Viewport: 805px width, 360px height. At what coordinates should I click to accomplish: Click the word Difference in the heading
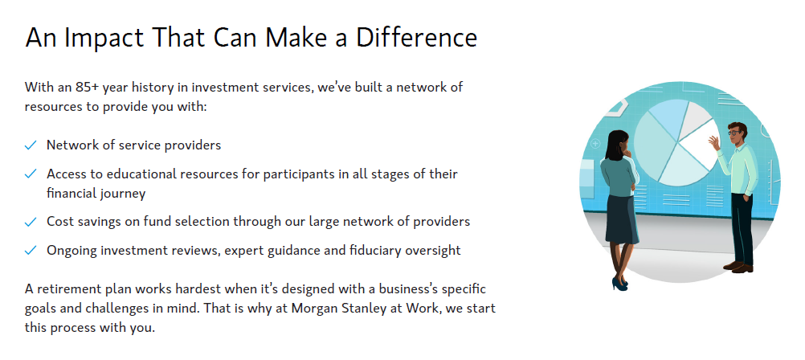pyautogui.click(x=416, y=38)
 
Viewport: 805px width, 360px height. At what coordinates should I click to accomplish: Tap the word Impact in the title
pyautogui.click(x=104, y=39)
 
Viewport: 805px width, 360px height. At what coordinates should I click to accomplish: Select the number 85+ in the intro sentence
pyautogui.click(x=87, y=88)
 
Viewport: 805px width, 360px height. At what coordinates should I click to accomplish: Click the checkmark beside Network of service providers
pyautogui.click(x=31, y=146)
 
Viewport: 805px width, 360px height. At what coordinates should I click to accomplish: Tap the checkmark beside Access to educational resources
pyautogui.click(x=31, y=174)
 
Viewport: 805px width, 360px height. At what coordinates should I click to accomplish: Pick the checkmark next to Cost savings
pyautogui.click(x=31, y=223)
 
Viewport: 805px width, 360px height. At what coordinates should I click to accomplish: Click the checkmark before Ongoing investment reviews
pyautogui.click(x=31, y=251)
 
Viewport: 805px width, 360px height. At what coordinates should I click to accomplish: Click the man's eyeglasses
pyautogui.click(x=735, y=133)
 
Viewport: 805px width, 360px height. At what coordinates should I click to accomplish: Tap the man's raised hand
pyautogui.click(x=714, y=141)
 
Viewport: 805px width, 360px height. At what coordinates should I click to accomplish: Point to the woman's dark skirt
pyautogui.click(x=622, y=219)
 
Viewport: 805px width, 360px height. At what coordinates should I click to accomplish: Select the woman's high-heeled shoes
pyautogui.click(x=620, y=284)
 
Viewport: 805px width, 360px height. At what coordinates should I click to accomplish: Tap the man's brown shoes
pyautogui.click(x=738, y=267)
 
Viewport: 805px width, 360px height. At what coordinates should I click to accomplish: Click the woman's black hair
pyautogui.click(x=615, y=145)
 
